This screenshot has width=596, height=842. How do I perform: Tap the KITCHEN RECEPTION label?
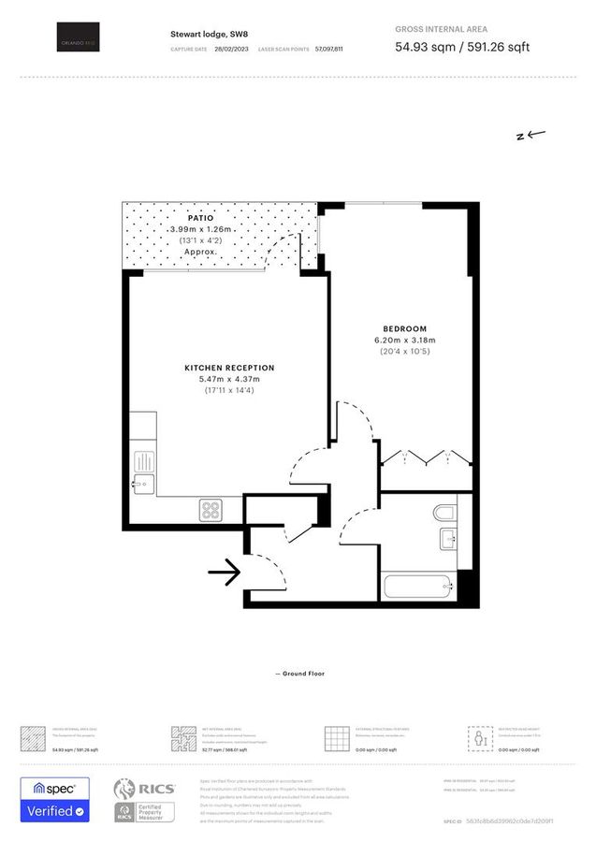click(229, 368)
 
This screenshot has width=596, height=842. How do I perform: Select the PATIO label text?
click(194, 217)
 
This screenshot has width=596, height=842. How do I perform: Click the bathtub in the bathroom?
click(418, 589)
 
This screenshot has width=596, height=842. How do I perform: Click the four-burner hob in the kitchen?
click(211, 510)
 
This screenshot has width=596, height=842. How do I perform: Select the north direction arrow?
click(531, 135)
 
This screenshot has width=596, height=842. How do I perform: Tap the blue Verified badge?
click(55, 810)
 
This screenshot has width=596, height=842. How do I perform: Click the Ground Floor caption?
click(299, 674)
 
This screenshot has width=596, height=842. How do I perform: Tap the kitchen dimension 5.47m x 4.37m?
click(229, 379)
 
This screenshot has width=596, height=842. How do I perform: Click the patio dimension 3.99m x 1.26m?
click(194, 229)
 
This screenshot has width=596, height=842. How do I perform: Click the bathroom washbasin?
click(447, 538)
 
